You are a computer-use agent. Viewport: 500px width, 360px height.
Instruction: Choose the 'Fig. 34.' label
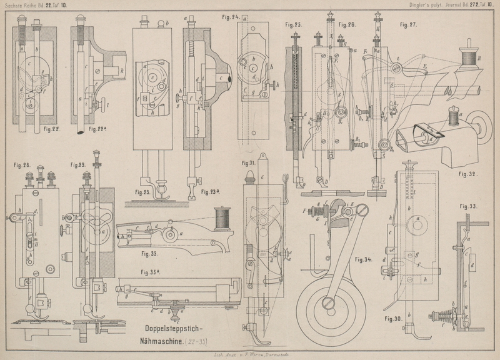point(364,258)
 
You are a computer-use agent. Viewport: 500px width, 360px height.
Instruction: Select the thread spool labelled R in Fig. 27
point(466,59)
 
